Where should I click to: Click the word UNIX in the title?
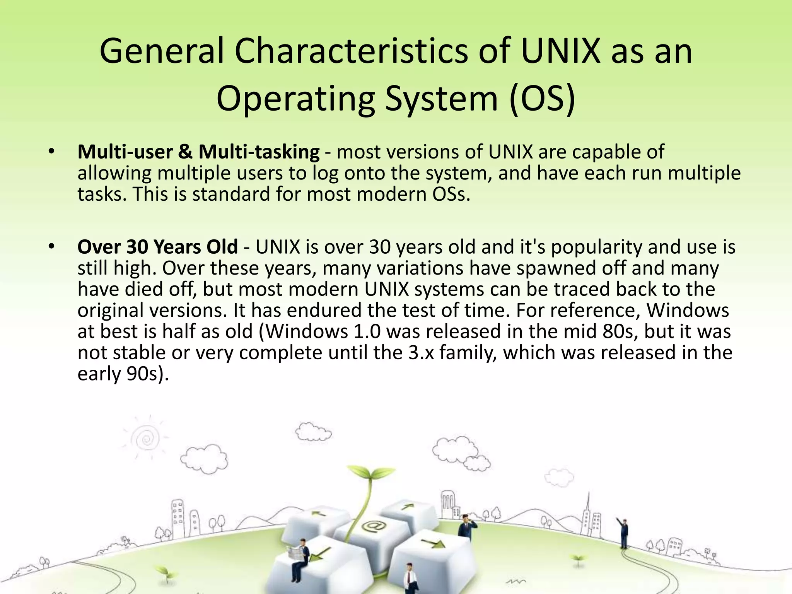[560, 51]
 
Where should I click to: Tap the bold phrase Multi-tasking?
[259, 152]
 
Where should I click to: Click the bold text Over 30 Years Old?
[157, 247]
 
